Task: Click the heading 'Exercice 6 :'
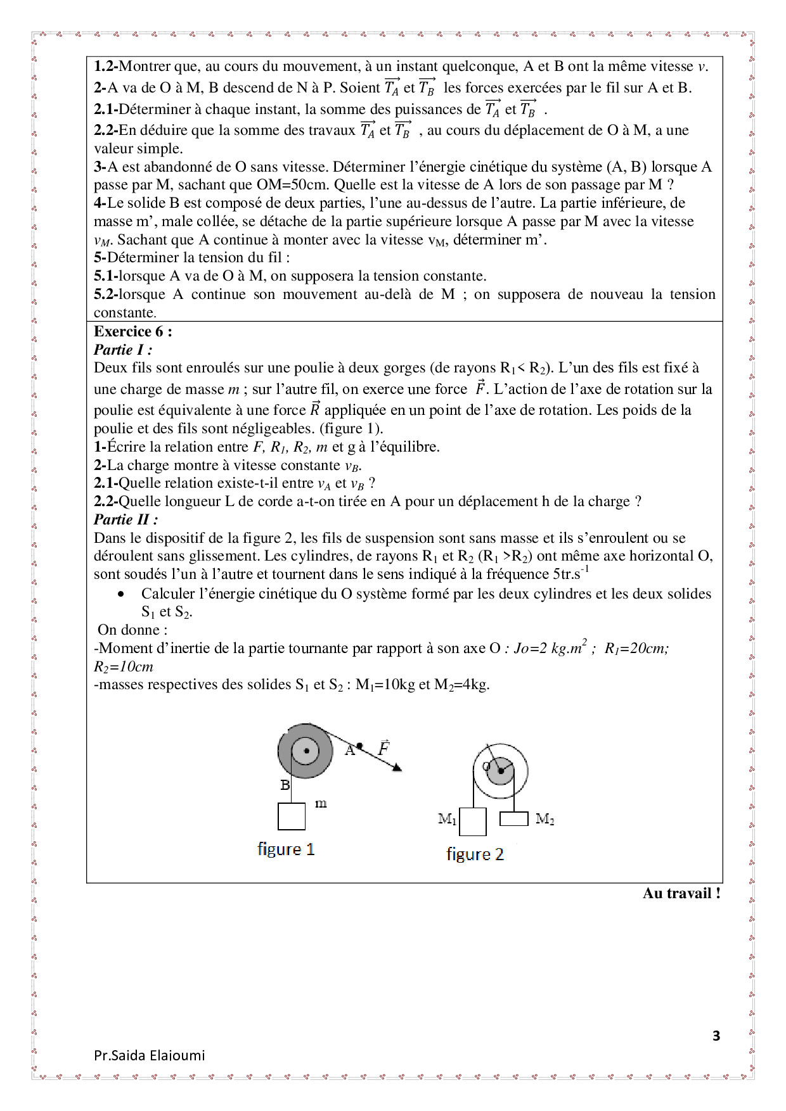click(132, 331)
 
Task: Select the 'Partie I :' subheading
click(123, 350)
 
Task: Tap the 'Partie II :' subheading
click(126, 519)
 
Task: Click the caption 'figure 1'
click(286, 849)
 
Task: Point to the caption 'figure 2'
click(475, 854)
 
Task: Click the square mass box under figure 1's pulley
click(292, 816)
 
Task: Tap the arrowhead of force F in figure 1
click(397, 768)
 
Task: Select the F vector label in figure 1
click(383, 748)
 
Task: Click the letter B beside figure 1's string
click(285, 785)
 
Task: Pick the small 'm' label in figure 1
click(321, 804)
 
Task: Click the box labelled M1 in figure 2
click(473, 822)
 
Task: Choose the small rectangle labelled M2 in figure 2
click(513, 818)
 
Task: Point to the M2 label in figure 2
click(544, 819)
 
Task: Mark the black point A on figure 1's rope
click(359, 746)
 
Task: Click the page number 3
click(716, 1036)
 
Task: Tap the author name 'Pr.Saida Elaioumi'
click(149, 1055)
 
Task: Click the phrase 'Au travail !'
click(681, 893)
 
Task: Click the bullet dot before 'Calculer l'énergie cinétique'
click(121, 594)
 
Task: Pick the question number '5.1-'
click(106, 276)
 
